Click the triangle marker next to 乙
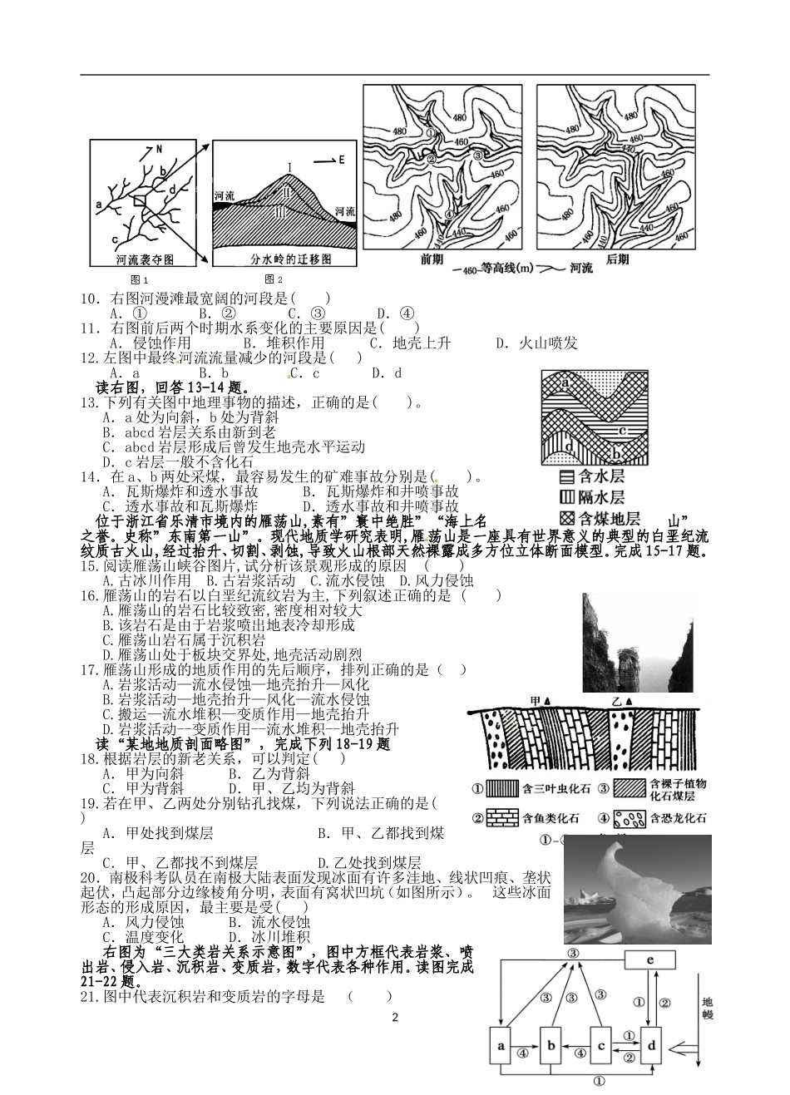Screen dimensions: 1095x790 click(x=630, y=703)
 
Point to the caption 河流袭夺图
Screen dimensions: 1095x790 click(x=145, y=259)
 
